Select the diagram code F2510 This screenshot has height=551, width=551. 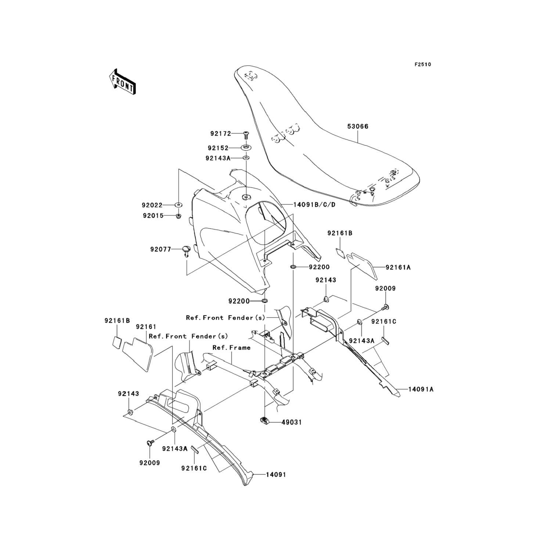click(423, 65)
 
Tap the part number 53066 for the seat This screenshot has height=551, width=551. click(358, 126)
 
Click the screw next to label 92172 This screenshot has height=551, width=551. click(245, 134)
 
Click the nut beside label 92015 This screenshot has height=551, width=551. click(178, 216)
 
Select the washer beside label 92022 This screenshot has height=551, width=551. click(178, 205)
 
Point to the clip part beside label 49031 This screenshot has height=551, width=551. click(265, 421)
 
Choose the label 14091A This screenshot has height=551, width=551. click(421, 389)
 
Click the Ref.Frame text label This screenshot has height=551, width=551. click(231, 347)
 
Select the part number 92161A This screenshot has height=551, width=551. click(398, 268)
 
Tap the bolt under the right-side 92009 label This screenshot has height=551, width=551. click(386, 306)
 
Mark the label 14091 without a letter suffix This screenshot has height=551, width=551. click(276, 475)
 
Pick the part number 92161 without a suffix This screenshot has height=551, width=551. click(146, 327)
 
